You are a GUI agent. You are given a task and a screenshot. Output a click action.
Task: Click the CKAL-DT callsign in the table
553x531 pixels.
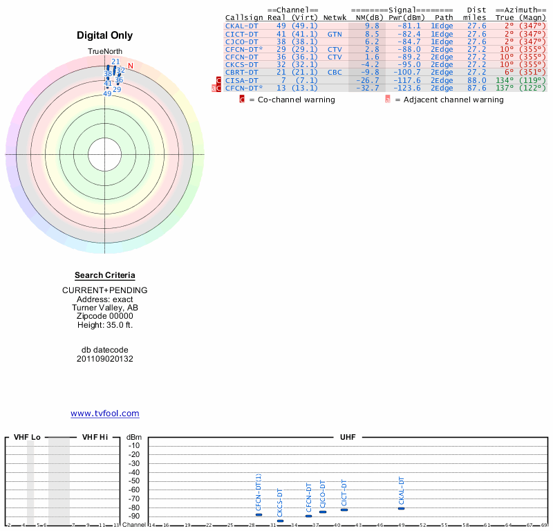click(241, 26)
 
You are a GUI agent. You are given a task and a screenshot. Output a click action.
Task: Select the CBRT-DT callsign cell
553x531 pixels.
click(241, 72)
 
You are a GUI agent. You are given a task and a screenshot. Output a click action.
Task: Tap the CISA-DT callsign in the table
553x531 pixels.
click(241, 80)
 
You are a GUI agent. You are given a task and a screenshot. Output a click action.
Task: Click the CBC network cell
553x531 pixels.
click(335, 72)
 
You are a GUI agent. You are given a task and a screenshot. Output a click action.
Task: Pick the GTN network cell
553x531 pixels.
click(335, 33)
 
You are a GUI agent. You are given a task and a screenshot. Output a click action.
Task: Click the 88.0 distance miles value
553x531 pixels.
click(476, 80)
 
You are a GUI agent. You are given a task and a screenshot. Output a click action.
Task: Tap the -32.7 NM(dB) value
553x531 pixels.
click(367, 88)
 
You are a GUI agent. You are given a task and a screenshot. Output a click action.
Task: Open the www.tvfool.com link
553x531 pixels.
click(105, 413)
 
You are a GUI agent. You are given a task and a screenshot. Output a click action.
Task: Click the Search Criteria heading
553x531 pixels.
click(105, 275)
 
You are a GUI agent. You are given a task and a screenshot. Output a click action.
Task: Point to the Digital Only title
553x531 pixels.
click(105, 35)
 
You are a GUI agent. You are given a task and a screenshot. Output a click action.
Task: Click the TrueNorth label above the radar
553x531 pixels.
click(105, 52)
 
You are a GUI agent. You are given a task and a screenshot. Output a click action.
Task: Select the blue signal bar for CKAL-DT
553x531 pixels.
click(401, 508)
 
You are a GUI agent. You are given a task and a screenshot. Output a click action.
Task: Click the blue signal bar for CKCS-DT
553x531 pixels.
click(280, 521)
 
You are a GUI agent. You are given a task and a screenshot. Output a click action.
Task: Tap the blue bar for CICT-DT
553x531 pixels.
click(344, 510)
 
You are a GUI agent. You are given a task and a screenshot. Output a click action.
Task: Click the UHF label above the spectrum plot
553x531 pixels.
click(347, 438)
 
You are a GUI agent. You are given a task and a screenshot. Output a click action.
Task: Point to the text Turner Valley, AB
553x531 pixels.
click(105, 308)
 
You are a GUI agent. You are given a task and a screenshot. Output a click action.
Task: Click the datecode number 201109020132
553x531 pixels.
click(105, 358)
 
